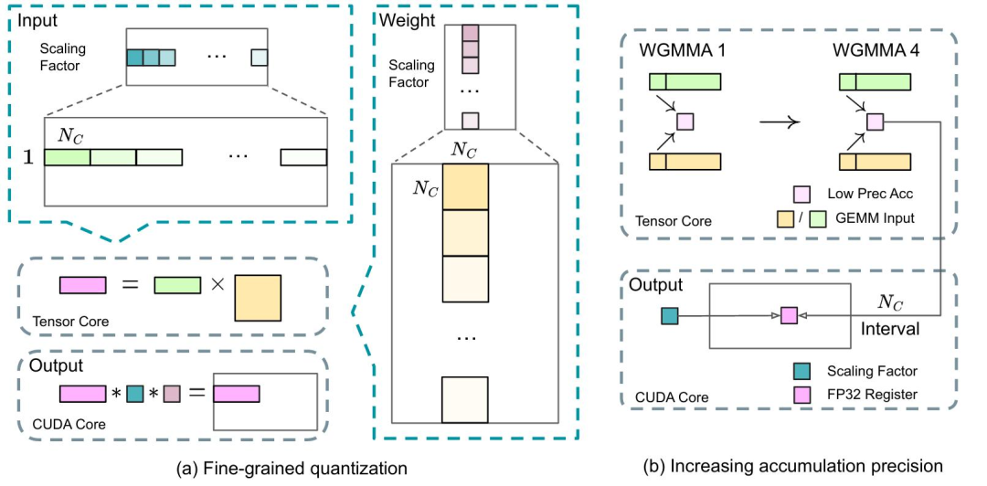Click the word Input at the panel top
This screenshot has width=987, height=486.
37,18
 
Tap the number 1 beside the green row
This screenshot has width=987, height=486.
27,156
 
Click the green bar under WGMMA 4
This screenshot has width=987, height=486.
875,81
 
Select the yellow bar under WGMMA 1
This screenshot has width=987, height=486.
685,162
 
